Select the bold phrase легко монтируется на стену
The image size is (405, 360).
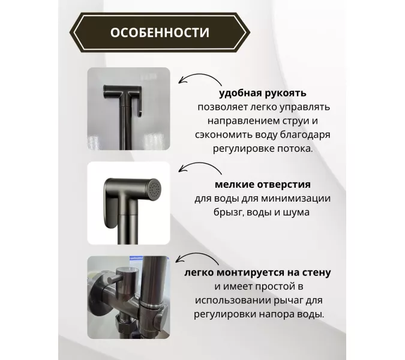pos(258,272)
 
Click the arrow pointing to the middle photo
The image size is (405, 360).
pos(193,169)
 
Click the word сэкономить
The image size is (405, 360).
pos(222,135)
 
